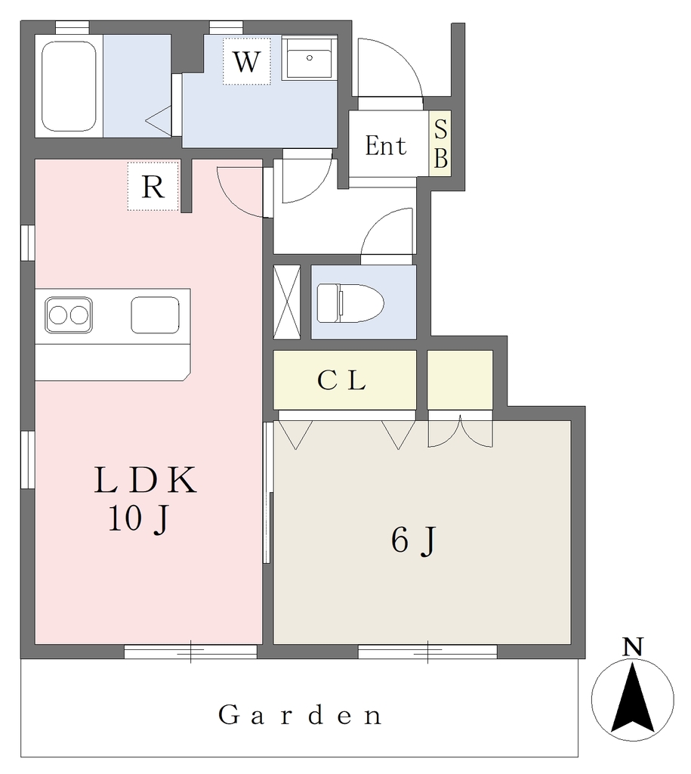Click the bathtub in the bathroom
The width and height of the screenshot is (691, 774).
(69, 86)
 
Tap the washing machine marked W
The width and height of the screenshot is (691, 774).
(247, 61)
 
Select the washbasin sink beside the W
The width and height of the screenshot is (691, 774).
(309, 57)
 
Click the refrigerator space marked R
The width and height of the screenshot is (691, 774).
(153, 186)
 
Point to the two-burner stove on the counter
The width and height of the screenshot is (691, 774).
(69, 314)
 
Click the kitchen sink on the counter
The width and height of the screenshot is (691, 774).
(155, 314)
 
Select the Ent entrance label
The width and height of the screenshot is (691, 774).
(386, 146)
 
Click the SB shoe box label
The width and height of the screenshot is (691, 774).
(440, 144)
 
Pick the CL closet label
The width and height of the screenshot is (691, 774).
(341, 380)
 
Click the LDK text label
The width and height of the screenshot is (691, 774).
(146, 480)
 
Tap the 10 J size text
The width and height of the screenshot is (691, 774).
(139, 519)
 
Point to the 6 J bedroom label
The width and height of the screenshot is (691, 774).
(414, 540)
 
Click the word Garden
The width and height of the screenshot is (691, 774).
(300, 715)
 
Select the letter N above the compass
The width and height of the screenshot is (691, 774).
(633, 647)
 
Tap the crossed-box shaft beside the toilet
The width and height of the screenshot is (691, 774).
(286, 302)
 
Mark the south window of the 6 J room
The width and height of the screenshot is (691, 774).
(427, 652)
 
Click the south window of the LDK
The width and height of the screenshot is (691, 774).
(190, 652)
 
